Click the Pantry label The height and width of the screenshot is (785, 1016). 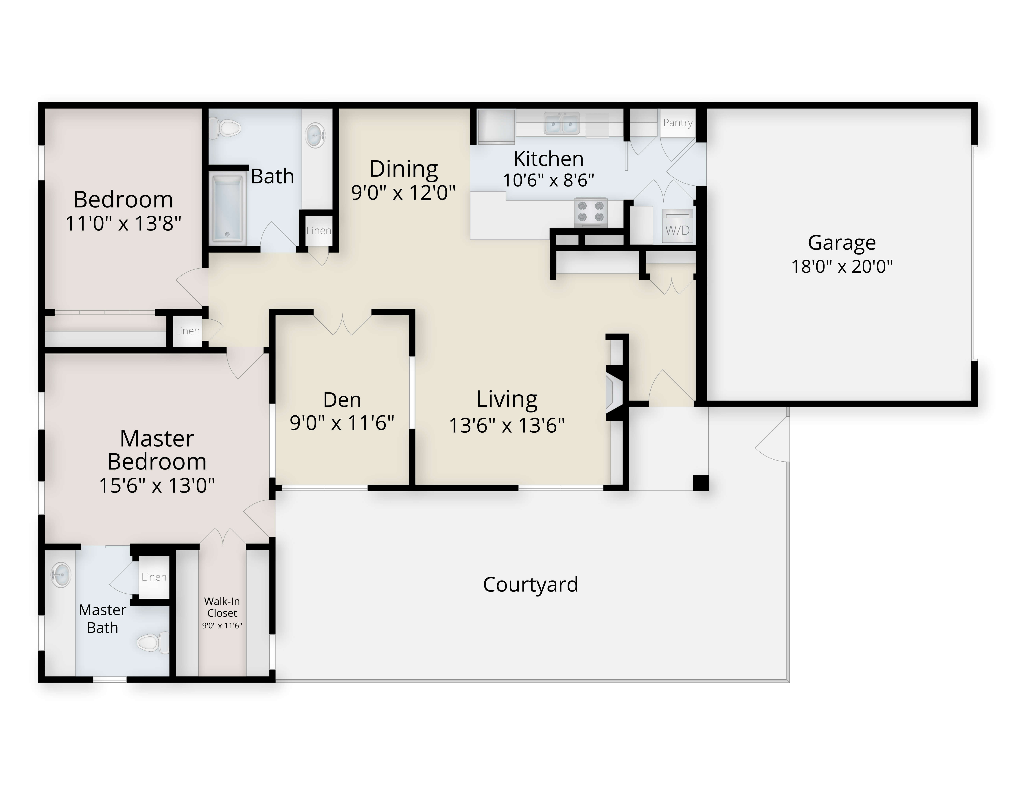[x=678, y=123]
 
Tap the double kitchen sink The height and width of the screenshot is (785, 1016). [x=562, y=123]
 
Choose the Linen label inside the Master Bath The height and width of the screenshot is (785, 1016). [x=154, y=577]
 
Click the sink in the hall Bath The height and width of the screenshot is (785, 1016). [x=315, y=135]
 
